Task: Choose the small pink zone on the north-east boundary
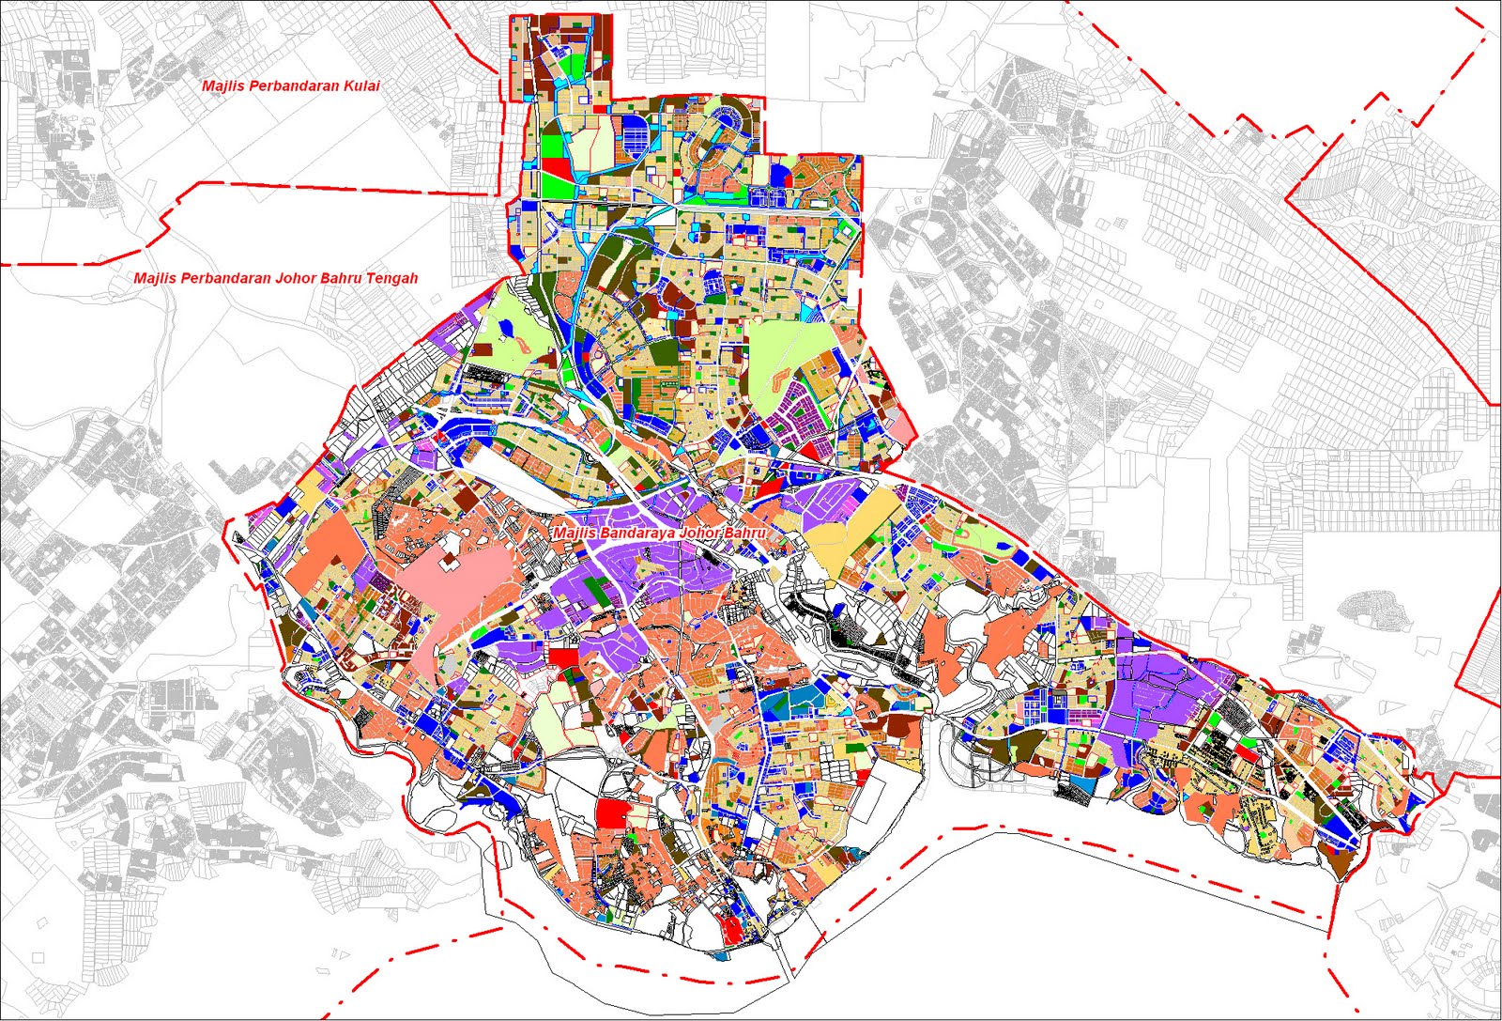coord(898,428)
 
